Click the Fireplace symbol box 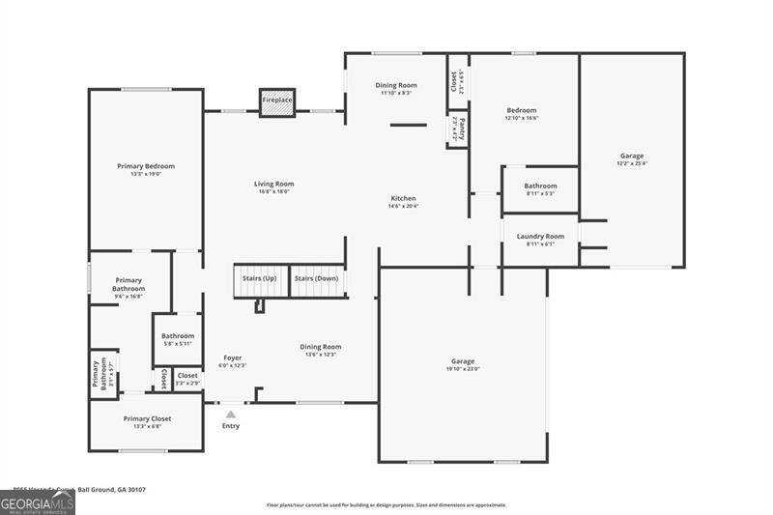[x=276, y=101]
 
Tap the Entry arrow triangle [x=230, y=415]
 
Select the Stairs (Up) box [x=259, y=279]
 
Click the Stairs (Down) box [x=317, y=279]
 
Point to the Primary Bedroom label [x=146, y=166]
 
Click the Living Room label [x=274, y=184]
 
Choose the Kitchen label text [x=403, y=199]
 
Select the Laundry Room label [x=540, y=236]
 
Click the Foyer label [x=233, y=358]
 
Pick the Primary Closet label [x=147, y=418]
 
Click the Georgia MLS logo [x=38, y=502]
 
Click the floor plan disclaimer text [x=386, y=504]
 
